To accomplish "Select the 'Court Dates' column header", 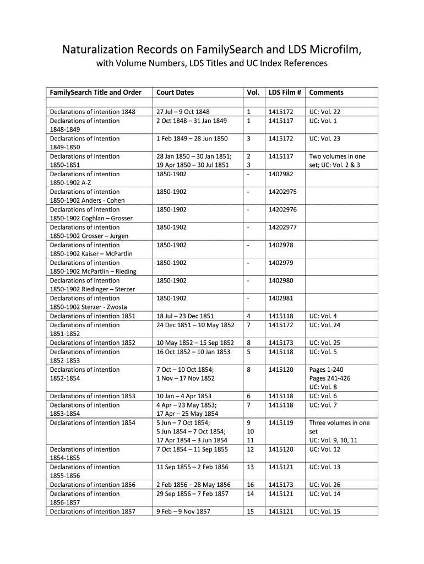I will pos(175,93).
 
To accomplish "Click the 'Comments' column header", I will pos(326,93).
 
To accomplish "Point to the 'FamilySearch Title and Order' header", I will pos(95,93).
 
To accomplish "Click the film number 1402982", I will pos(281,174).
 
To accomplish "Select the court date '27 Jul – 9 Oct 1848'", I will pos(183,112).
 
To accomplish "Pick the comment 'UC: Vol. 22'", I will pos(325,112).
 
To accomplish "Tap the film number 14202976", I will pos(282,210).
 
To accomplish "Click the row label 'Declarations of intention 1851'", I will pos(93,316).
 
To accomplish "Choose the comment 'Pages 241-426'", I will pos(330,378).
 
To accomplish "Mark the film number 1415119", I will pos(281,423).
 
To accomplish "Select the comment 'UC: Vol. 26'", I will pos(325,485).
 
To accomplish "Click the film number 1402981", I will pos(281,299).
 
